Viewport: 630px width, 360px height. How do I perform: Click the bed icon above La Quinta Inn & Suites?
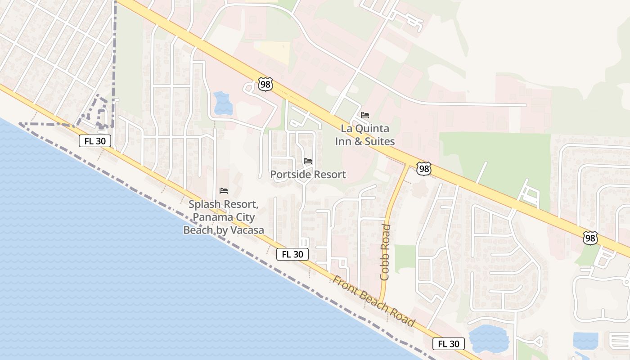pyautogui.click(x=365, y=115)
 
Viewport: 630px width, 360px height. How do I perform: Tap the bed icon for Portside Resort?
pyautogui.click(x=308, y=161)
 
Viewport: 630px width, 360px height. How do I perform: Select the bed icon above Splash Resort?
pyautogui.click(x=224, y=191)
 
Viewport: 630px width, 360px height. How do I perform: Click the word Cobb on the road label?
pyautogui.click(x=385, y=268)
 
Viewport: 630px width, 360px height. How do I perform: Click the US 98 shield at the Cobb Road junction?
pyautogui.click(x=423, y=168)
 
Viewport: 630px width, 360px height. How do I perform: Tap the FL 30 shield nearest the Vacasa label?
pyautogui.click(x=292, y=254)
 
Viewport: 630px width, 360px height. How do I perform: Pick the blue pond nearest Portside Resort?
pyautogui.click(x=223, y=103)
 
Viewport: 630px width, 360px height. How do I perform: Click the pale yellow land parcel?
pyautogui.click(x=274, y=51)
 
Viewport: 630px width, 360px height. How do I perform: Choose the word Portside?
pyautogui.click(x=289, y=175)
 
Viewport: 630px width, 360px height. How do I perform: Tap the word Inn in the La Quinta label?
pyautogui.click(x=343, y=141)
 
